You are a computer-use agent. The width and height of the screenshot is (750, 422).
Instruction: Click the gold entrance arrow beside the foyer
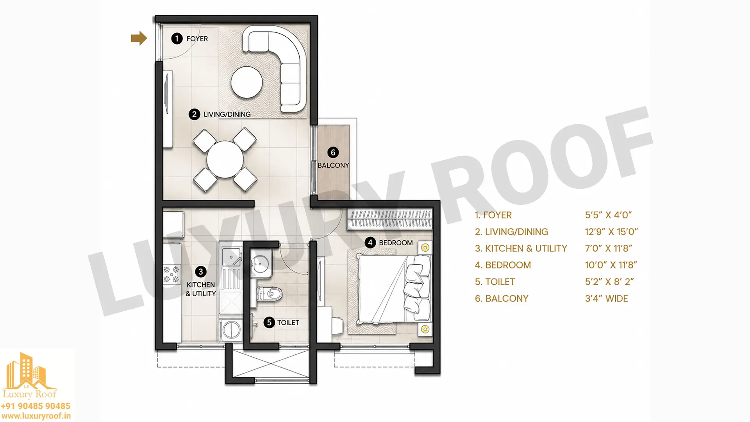coord(139,38)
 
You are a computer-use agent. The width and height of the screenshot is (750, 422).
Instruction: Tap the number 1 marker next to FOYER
coord(177,38)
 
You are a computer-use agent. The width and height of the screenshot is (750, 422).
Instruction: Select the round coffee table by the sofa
coord(246,82)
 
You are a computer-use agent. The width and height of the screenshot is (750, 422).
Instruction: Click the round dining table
coord(225,159)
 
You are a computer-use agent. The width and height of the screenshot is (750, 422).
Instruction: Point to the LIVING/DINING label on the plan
coord(227,114)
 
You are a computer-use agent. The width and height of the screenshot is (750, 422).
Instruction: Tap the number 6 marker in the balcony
coord(333,152)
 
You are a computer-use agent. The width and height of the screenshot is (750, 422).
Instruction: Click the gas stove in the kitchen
coord(171,274)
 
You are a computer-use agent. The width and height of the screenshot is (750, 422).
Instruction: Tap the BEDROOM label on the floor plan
coord(396,243)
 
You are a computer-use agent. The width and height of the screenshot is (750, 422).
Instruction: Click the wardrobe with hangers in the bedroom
coord(390,219)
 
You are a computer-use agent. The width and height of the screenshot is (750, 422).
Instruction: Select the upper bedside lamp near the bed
coord(425,248)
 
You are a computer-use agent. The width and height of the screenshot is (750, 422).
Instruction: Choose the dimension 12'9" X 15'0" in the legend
coord(611,232)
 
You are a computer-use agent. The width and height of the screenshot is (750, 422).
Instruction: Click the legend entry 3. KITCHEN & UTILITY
coord(521,249)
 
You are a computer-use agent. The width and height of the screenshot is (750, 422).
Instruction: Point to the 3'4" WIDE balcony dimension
coord(606,299)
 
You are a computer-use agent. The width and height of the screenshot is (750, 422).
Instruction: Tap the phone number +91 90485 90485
coord(36,406)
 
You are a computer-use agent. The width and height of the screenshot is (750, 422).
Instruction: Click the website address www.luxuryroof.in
coord(36,417)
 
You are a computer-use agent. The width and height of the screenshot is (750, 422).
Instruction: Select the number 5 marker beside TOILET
coord(269,322)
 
